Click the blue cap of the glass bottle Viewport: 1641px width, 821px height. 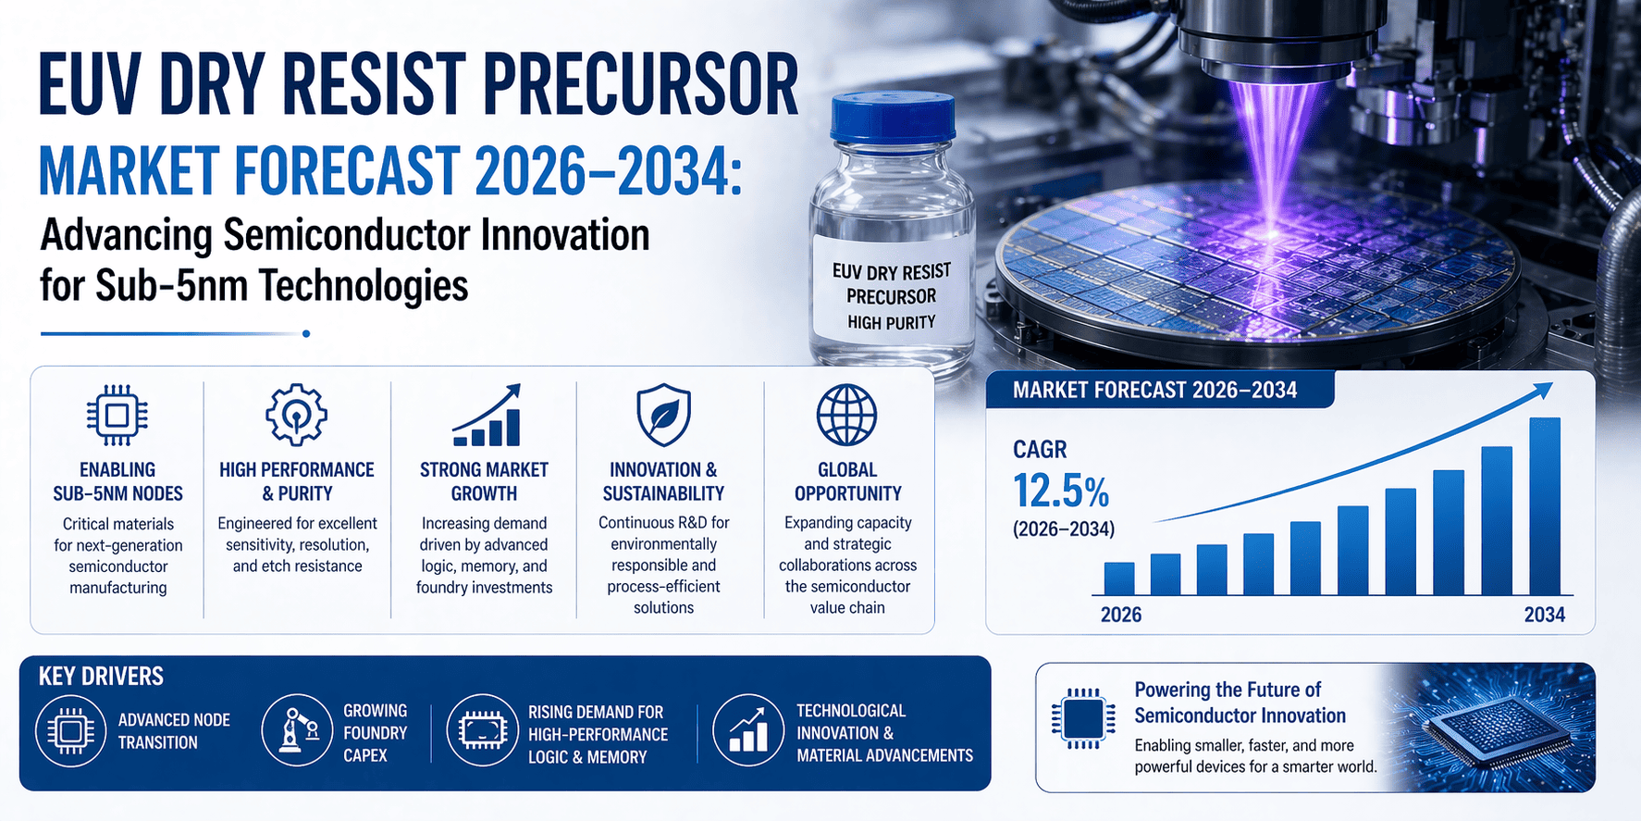pyautogui.click(x=892, y=118)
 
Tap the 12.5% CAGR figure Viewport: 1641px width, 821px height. pyautogui.click(x=1060, y=491)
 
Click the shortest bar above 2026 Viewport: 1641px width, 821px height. pyautogui.click(x=1119, y=578)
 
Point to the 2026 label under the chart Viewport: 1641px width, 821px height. pyautogui.click(x=1121, y=615)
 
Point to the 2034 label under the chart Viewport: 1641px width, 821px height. pyautogui.click(x=1544, y=615)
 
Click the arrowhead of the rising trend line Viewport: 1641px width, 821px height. pyautogui.click(x=1541, y=392)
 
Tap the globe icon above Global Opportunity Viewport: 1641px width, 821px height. pyautogui.click(x=846, y=416)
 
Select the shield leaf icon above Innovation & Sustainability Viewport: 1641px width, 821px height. pyautogui.click(x=663, y=416)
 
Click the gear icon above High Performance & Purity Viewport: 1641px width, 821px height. pyautogui.click(x=296, y=416)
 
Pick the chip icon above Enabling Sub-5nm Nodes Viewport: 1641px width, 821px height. pyautogui.click(x=117, y=416)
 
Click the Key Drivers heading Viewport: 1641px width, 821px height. pyautogui.click(x=101, y=677)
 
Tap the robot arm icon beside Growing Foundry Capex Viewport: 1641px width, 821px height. pyautogui.click(x=297, y=730)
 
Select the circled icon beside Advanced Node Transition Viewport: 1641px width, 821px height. pyautogui.click(x=71, y=731)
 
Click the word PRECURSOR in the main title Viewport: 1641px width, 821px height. pyautogui.click(x=640, y=85)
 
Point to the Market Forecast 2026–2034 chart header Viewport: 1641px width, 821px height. pyautogui.click(x=1154, y=391)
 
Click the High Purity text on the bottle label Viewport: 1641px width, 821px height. pyautogui.click(x=891, y=322)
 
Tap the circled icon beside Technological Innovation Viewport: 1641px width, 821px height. pyautogui.click(x=748, y=730)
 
